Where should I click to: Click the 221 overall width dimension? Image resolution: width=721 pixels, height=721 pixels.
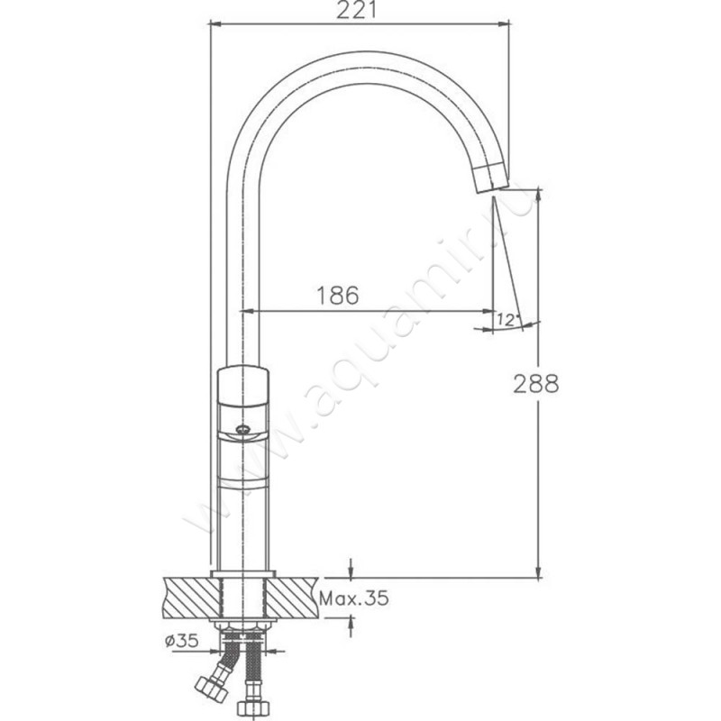(359, 11)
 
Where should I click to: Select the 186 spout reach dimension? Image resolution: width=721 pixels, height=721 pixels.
(338, 295)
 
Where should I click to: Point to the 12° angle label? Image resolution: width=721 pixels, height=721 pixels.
(507, 319)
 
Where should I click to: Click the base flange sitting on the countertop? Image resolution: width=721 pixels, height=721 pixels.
(242, 574)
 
